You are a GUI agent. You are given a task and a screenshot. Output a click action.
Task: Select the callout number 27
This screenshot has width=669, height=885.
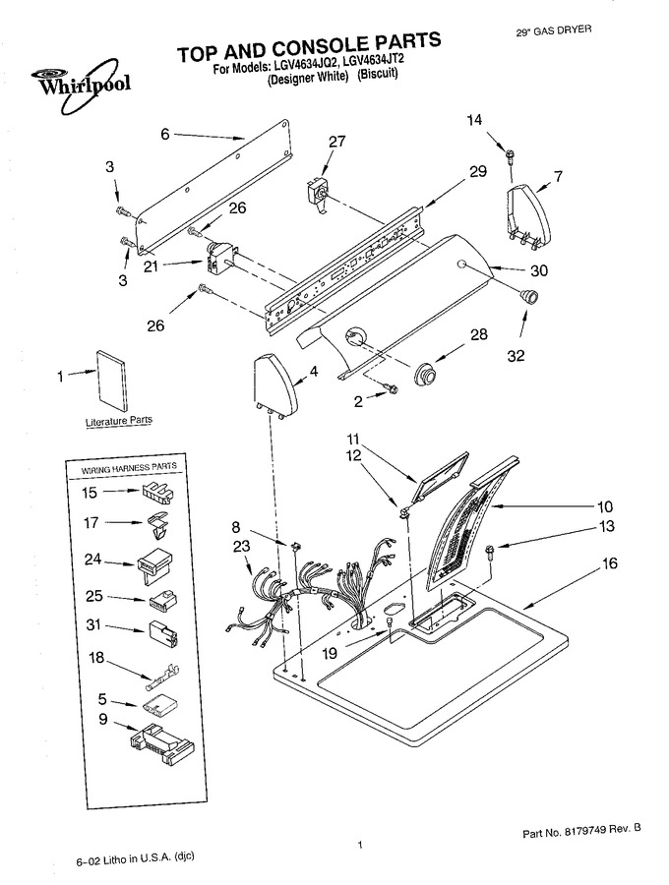[337, 141]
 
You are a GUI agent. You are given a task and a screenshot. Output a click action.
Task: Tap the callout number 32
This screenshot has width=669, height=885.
[516, 355]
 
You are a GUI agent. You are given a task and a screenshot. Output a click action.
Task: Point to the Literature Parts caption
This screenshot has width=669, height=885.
[119, 421]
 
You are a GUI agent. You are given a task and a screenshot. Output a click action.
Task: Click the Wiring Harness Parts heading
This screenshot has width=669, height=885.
[129, 468]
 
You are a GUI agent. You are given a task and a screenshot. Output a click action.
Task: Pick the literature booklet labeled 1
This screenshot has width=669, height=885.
[112, 382]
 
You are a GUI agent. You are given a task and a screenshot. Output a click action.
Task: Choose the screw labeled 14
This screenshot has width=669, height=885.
[511, 153]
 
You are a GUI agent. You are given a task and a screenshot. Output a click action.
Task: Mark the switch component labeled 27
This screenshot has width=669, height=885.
[317, 196]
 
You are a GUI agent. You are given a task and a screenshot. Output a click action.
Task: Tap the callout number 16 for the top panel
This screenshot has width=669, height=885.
[610, 563]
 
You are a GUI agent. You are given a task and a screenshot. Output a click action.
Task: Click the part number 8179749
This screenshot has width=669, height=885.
[591, 830]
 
